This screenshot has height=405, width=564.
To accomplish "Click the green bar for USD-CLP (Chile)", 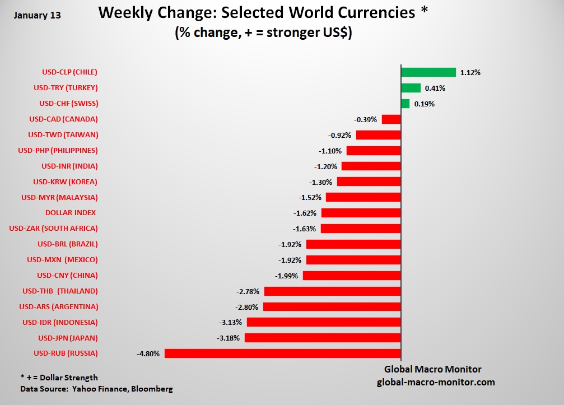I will [x=428, y=72].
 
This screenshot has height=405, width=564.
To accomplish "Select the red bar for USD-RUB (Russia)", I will [x=282, y=353].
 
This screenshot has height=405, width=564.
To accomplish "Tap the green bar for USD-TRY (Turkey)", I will [x=411, y=88].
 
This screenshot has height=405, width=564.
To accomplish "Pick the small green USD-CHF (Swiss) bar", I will [x=405, y=104].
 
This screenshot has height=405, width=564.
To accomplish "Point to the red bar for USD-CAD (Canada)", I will [x=391, y=119].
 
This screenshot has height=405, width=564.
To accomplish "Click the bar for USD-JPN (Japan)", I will [x=323, y=338].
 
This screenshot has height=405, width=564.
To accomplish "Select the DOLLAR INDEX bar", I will [x=361, y=213].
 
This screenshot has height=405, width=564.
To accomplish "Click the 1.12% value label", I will [x=470, y=72].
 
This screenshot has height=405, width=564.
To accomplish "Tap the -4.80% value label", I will [x=148, y=353].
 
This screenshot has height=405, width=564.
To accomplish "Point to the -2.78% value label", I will [x=248, y=291].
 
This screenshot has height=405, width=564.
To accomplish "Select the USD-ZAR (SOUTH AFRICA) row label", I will [x=54, y=229].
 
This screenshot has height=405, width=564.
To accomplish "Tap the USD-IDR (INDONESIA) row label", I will [x=60, y=322].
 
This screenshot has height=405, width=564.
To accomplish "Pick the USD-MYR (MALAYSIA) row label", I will [x=59, y=197].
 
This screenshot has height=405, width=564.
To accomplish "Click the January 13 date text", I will [x=37, y=15].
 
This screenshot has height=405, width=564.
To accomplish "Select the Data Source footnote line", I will [x=96, y=388].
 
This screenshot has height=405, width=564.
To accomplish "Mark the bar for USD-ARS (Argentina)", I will [x=332, y=307].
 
